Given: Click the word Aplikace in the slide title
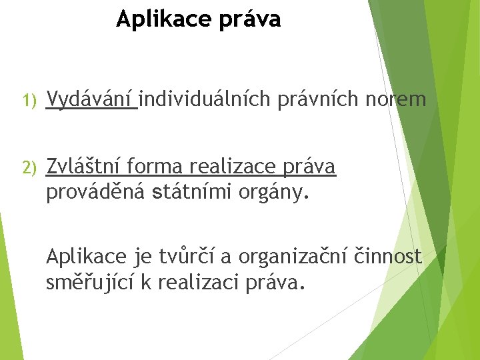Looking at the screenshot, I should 157,20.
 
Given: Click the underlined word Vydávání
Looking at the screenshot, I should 91,100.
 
